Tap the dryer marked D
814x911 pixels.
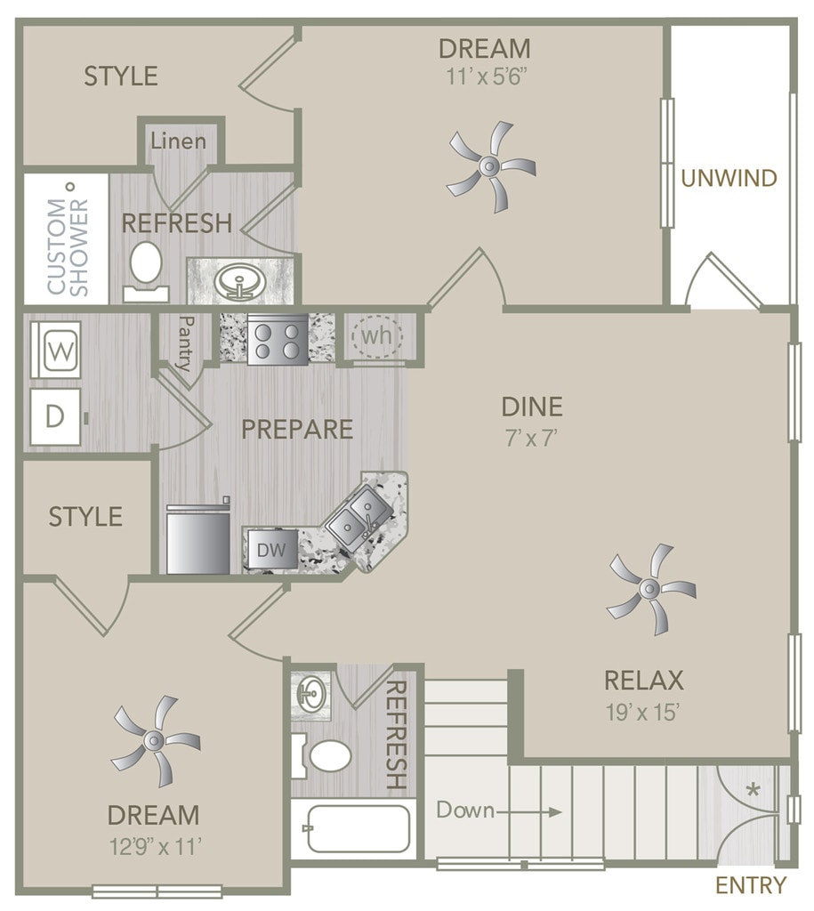coord(56,416)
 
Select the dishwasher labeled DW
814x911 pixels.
coord(270,550)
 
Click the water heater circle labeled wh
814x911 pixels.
coord(376,335)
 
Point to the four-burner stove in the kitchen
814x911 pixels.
coord(278,339)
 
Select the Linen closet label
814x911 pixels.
coord(178,141)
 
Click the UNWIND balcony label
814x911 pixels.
coord(729,178)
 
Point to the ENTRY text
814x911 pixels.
coord(751,885)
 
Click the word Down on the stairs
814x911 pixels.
coord(465,810)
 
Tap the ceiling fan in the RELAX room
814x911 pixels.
coord(650,589)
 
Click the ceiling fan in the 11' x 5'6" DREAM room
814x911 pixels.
coord(489,166)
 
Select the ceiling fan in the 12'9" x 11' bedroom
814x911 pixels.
coord(155,740)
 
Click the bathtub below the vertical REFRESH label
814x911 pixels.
coord(359,828)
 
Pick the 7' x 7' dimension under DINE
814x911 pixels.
coord(532,438)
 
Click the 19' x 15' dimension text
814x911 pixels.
coord(642,712)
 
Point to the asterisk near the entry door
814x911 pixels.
coord(753,790)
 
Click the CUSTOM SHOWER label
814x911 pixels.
coord(68,247)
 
